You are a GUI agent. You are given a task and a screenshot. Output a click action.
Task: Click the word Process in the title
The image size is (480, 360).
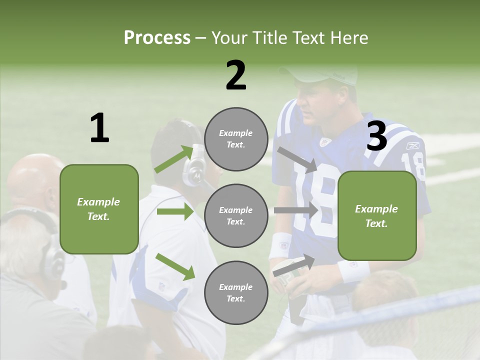157,38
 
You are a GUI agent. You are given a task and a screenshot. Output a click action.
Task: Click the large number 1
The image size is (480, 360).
99,128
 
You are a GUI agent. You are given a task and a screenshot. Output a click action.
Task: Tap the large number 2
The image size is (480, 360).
236,75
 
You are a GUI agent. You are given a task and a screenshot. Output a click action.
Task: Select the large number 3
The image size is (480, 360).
376,136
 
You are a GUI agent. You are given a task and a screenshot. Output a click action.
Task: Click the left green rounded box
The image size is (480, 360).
99,209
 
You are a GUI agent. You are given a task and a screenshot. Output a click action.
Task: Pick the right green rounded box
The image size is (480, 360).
376,216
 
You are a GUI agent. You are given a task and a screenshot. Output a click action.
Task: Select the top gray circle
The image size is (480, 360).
236,139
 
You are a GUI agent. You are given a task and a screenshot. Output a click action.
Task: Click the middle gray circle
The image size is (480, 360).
236,216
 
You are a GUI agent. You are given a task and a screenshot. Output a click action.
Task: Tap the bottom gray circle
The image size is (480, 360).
236,293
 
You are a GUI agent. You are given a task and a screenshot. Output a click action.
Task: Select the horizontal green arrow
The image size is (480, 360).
175,211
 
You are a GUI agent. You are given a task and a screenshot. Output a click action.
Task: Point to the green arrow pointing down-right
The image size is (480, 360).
175,266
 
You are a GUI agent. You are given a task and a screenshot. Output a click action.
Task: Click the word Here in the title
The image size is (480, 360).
349,38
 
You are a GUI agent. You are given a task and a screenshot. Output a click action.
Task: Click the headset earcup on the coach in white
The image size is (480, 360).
194,170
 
